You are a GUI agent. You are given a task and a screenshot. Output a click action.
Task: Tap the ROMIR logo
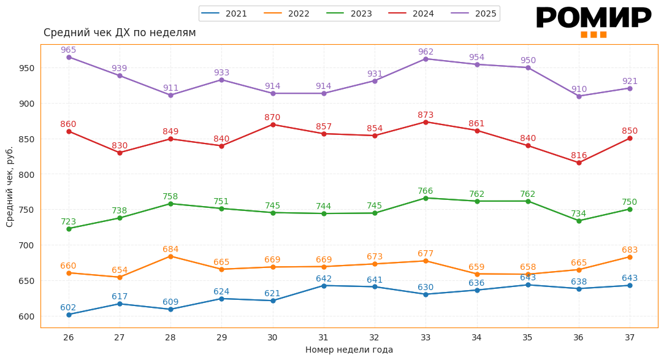click(x=593, y=20)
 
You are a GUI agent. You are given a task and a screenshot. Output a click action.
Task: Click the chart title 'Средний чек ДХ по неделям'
click(x=120, y=33)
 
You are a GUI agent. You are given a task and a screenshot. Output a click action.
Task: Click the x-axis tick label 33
click(x=425, y=337)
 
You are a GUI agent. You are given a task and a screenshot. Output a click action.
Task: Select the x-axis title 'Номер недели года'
click(x=349, y=350)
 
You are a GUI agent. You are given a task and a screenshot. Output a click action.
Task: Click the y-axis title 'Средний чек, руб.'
click(x=10, y=186)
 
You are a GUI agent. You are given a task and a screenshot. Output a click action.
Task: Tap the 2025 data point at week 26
click(x=69, y=57)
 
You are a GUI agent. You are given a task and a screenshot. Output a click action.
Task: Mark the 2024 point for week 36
click(x=579, y=163)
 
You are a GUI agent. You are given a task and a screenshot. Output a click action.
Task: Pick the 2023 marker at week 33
click(x=425, y=198)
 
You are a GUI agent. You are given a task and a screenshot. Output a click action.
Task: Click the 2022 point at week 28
click(x=170, y=256)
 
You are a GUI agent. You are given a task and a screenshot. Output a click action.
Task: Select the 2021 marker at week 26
click(x=69, y=315)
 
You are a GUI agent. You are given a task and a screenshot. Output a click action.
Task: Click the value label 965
click(x=69, y=50)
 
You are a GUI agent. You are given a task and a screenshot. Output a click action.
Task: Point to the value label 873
click(x=425, y=115)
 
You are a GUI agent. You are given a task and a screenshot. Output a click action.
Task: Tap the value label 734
click(x=579, y=213)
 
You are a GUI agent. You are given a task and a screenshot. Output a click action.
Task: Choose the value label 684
click(x=170, y=249)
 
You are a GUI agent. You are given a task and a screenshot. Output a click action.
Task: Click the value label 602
click(x=68, y=307)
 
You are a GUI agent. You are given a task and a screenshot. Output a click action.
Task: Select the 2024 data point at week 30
click(x=273, y=124)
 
